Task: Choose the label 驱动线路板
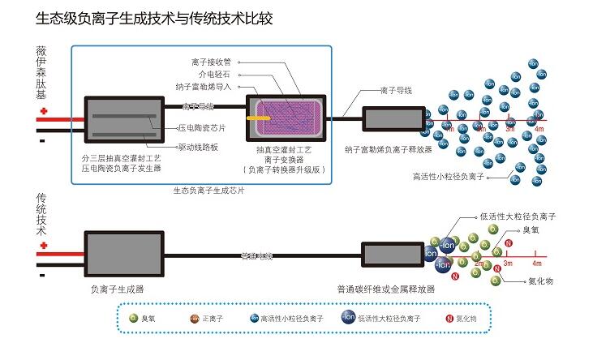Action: [199, 144]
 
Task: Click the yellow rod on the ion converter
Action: [260, 117]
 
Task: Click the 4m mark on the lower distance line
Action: [536, 264]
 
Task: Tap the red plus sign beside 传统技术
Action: [43, 244]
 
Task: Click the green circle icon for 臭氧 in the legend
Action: [134, 319]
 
